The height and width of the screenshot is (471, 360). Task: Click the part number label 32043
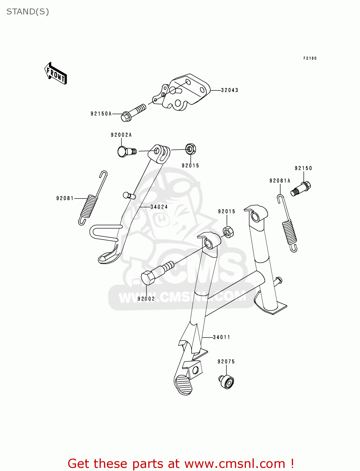coord(230,90)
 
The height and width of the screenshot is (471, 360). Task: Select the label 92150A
coord(101,114)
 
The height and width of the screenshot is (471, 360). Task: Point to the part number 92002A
coord(121,135)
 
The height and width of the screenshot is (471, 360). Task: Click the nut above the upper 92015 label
coord(191,149)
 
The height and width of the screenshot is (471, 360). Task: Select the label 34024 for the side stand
coord(159,207)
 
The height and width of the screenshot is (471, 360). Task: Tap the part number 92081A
coord(280,181)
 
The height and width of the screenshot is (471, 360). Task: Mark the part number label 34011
coord(221,337)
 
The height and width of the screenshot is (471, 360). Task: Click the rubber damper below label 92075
coord(226,382)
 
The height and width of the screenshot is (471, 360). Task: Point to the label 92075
coord(226,362)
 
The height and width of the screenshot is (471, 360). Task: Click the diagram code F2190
coord(310,58)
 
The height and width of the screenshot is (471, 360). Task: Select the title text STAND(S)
coord(28,12)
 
